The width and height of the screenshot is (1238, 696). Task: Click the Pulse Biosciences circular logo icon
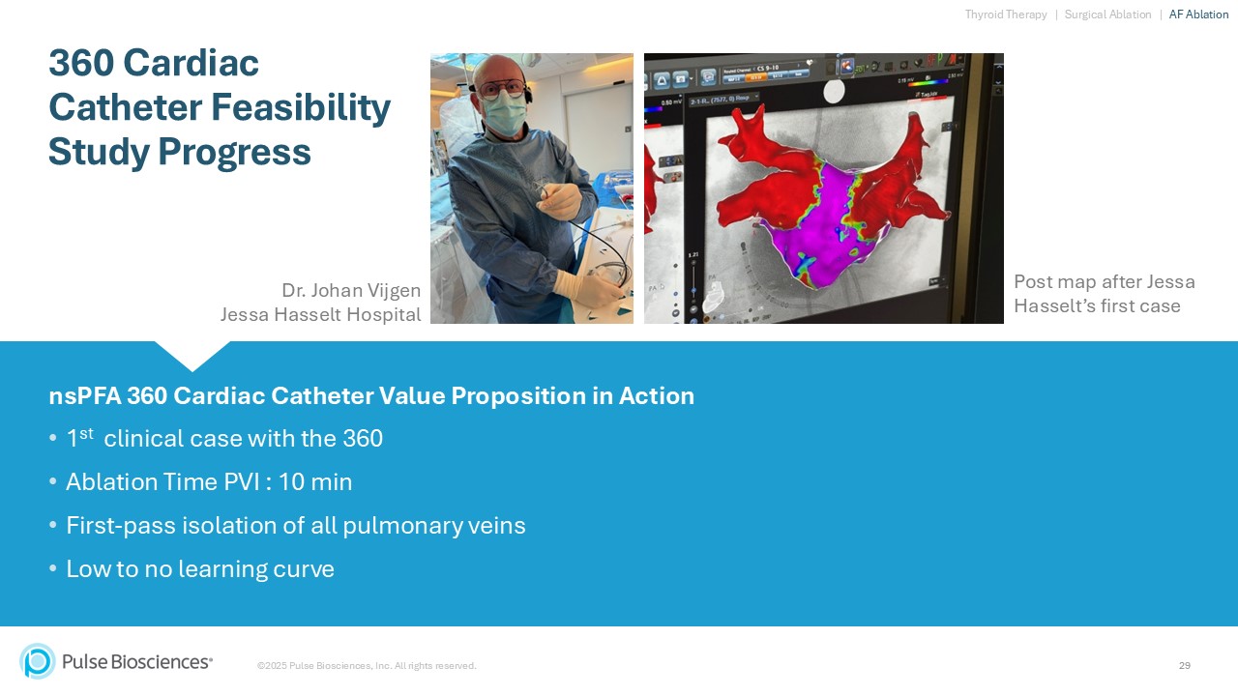(38, 661)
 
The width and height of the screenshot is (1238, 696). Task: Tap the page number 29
(1185, 665)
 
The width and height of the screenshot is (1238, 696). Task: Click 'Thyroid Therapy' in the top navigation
(1006, 14)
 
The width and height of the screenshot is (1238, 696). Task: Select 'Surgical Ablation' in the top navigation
(1107, 14)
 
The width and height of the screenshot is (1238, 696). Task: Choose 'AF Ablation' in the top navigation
(1198, 14)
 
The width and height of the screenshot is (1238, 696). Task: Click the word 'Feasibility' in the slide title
(302, 107)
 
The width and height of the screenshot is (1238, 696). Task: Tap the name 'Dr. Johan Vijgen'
(351, 290)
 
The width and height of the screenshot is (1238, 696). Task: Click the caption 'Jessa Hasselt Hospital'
(320, 314)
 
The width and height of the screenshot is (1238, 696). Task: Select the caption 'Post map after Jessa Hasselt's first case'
(1104, 294)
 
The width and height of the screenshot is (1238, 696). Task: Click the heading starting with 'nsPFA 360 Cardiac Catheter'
(371, 396)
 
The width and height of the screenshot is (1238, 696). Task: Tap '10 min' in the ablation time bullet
(315, 481)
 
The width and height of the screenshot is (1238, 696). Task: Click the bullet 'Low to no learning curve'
(200, 568)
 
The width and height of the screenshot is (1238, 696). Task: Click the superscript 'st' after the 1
(86, 433)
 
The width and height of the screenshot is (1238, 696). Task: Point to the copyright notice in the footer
(367, 665)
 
